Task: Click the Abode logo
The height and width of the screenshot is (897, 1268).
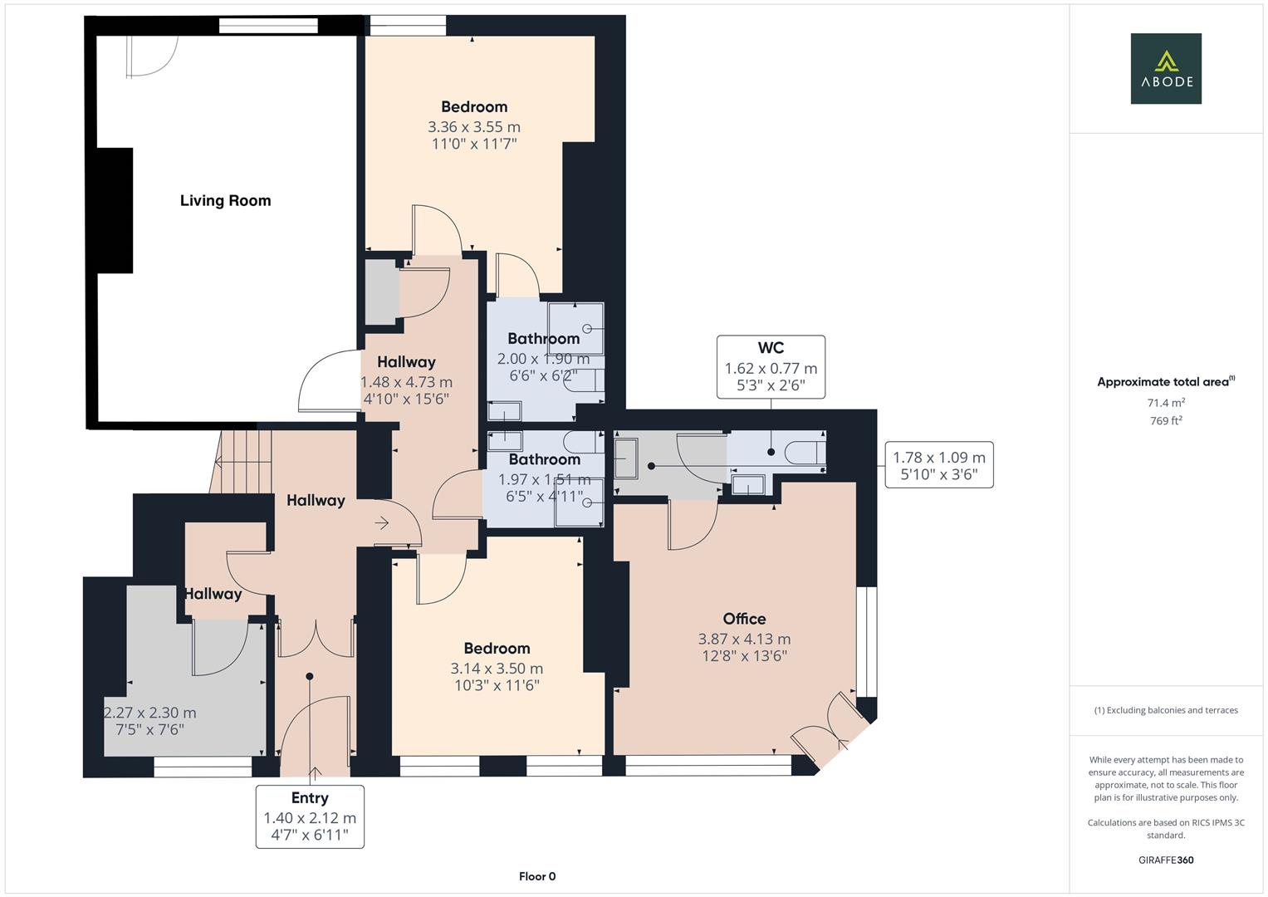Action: [x=1166, y=68]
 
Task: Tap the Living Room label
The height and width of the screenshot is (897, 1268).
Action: [x=225, y=200]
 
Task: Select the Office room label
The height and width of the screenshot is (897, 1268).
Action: [x=744, y=619]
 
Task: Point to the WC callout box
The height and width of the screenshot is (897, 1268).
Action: [x=771, y=367]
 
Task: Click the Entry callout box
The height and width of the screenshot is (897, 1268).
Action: [x=310, y=816]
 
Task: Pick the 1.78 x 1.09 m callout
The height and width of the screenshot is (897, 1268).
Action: [x=939, y=465]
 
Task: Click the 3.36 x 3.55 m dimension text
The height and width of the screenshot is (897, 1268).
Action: [x=474, y=127]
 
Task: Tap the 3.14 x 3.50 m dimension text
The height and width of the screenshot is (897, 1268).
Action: [x=497, y=669]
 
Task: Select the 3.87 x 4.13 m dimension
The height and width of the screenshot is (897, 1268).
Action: [x=744, y=639]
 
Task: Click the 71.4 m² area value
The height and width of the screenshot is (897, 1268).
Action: [x=1166, y=403]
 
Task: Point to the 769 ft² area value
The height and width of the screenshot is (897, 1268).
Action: [x=1166, y=420]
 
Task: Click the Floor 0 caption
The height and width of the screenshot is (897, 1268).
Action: [x=537, y=876]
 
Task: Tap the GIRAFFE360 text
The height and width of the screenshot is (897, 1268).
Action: [x=1166, y=860]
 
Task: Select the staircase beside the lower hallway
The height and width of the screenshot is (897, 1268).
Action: [x=242, y=462]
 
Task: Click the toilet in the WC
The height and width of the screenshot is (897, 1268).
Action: [x=805, y=452]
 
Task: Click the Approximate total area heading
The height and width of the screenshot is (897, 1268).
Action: [x=1166, y=381]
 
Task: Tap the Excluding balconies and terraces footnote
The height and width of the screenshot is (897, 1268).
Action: [x=1166, y=710]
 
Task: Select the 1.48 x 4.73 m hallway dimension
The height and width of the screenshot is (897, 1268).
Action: [x=406, y=382]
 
